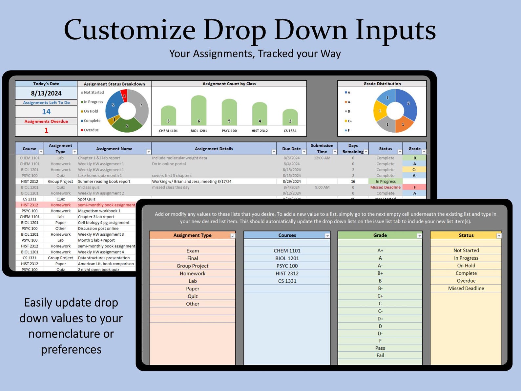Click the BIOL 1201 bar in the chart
click(198, 110)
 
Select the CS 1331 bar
click(290, 117)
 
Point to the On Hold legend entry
click(91, 111)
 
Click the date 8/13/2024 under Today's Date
click(46, 93)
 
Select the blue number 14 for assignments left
click(46, 112)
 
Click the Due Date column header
click(291, 149)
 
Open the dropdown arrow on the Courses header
click(327, 236)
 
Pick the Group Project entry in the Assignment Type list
click(193, 266)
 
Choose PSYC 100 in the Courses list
click(287, 266)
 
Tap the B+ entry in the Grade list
click(380, 273)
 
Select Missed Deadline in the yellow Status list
click(466, 288)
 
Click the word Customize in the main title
click(130, 30)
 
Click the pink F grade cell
click(414, 187)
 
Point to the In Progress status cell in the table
click(386, 182)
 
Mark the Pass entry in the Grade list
click(380, 348)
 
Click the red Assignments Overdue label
click(46, 121)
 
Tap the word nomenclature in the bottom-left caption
click(71, 334)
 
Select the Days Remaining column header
click(353, 149)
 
